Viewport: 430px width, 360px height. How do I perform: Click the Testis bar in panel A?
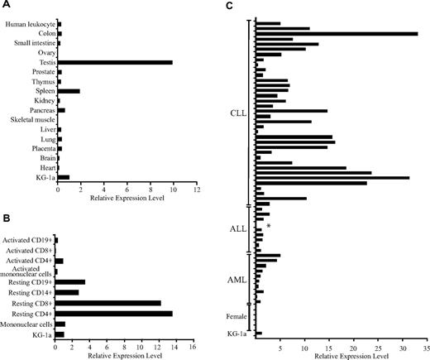click(114, 62)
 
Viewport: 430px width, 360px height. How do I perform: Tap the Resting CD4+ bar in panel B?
click(113, 313)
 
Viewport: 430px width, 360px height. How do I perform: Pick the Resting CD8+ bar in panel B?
click(108, 303)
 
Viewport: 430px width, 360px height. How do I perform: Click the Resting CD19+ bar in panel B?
click(70, 282)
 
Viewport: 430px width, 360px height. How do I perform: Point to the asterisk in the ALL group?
click(269, 226)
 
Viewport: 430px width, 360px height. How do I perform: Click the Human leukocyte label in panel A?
click(28, 24)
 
